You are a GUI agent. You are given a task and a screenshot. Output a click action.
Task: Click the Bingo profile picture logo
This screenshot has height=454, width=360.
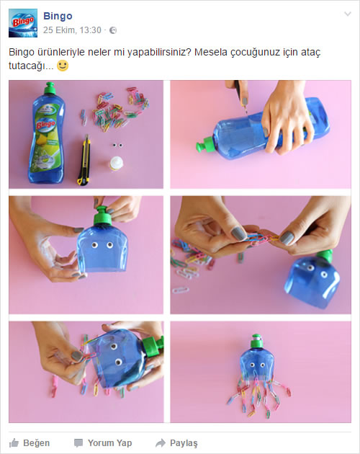[x=23, y=23]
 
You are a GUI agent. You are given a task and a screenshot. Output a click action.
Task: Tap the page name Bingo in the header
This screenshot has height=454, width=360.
[x=58, y=16]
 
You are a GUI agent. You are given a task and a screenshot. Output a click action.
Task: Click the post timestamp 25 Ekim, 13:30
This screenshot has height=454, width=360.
[x=72, y=30]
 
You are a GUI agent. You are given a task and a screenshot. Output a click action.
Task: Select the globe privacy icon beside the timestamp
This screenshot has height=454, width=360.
[x=113, y=30]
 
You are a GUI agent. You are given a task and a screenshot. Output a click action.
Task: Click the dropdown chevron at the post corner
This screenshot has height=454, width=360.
[x=348, y=14]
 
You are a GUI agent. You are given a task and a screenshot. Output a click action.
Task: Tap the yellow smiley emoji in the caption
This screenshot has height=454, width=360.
[x=63, y=66]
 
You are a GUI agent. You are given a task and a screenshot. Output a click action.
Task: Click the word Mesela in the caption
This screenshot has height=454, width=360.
[x=211, y=52]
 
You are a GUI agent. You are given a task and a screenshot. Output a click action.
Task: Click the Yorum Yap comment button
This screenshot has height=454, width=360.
[x=103, y=442]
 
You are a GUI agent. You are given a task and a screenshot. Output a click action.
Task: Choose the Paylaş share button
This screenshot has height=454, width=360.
[x=176, y=442]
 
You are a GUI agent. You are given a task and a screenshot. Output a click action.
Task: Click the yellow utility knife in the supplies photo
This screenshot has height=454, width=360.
[x=84, y=160]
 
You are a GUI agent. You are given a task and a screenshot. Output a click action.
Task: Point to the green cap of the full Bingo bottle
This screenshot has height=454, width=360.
[x=50, y=88]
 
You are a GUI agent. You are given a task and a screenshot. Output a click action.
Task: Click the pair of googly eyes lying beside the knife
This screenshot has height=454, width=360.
[x=117, y=145]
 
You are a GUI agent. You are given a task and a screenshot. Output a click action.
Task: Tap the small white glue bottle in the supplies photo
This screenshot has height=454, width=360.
[x=117, y=163]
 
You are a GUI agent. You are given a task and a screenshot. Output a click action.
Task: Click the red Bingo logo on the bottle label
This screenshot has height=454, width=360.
[x=45, y=125]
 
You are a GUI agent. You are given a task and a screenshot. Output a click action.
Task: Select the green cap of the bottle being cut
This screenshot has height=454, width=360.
[x=205, y=145]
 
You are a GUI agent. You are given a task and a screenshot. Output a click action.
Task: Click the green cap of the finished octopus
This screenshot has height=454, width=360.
[x=256, y=342]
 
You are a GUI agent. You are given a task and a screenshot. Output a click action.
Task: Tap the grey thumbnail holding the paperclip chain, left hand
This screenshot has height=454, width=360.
[x=238, y=233]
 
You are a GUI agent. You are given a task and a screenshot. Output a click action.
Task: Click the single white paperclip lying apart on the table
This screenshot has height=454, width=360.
[x=180, y=290]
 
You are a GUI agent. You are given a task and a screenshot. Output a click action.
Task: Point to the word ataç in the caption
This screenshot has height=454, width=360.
[x=310, y=53]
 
